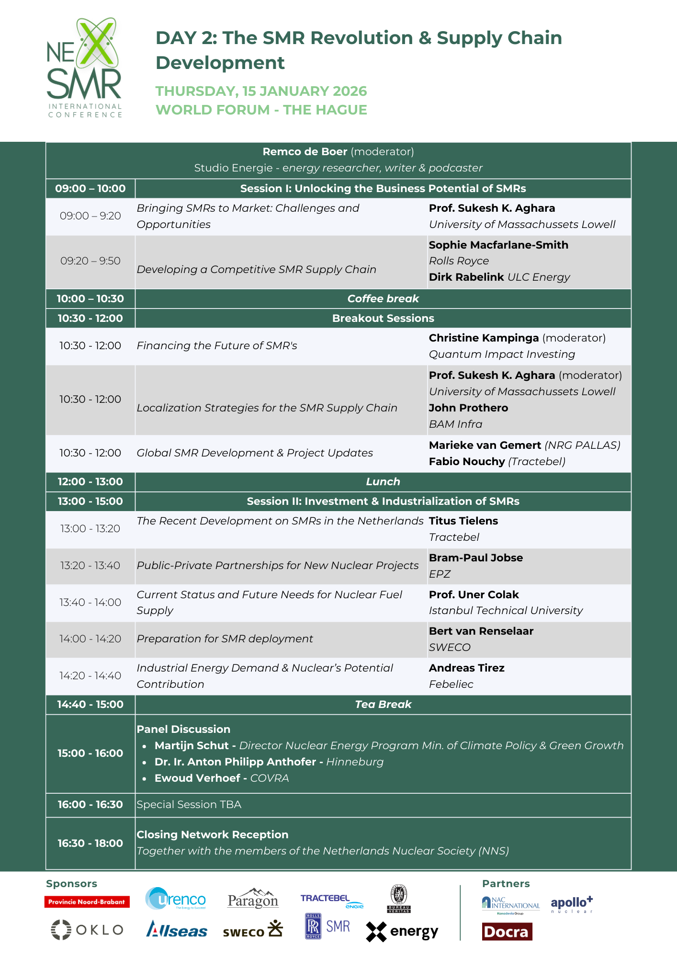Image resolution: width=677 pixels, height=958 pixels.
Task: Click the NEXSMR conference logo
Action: click(85, 68)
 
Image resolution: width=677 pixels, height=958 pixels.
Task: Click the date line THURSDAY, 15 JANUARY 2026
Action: click(261, 91)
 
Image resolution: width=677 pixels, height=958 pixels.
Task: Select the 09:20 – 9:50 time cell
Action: click(90, 261)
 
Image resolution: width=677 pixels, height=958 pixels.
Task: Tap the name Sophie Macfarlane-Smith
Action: click(498, 245)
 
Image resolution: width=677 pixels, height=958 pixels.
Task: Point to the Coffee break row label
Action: click(383, 299)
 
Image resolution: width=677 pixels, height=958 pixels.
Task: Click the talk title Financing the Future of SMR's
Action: click(217, 346)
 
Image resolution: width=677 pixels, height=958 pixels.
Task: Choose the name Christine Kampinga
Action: click(484, 338)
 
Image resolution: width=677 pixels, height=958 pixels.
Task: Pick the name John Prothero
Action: click(468, 408)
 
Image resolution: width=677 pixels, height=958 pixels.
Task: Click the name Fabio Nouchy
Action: click(467, 462)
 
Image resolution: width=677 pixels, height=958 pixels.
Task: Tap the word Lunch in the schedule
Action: click(383, 482)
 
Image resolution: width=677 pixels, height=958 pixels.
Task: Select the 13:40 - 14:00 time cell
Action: click(90, 603)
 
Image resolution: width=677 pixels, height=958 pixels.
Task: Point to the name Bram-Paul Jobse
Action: click(475, 558)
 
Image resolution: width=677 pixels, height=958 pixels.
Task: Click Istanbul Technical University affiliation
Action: click(506, 611)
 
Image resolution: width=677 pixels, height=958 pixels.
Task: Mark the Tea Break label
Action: click(383, 705)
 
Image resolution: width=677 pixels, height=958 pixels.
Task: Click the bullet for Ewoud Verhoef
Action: click(145, 779)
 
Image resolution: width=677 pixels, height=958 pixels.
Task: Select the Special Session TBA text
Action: click(189, 805)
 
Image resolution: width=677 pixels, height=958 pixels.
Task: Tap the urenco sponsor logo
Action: click(176, 899)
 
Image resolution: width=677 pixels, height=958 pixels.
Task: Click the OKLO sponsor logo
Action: click(87, 930)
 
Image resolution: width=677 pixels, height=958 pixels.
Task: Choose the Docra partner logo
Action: click(507, 932)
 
